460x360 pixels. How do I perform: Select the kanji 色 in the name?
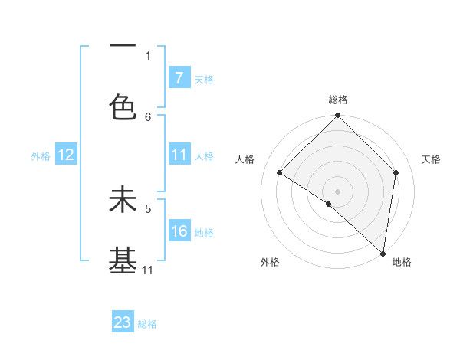[x=123, y=108]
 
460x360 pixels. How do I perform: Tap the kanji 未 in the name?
[x=123, y=200]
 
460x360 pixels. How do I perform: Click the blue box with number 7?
[x=179, y=78]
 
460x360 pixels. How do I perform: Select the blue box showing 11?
[x=179, y=155]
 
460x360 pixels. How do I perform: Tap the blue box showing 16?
[x=179, y=231]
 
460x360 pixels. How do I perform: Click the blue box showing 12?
[x=66, y=155]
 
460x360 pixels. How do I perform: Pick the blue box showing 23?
[x=123, y=322]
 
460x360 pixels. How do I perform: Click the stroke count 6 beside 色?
[x=148, y=116]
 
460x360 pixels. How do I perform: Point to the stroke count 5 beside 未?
[x=148, y=208]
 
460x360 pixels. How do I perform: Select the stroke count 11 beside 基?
[x=148, y=270]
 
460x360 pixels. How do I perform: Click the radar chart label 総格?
[x=338, y=100]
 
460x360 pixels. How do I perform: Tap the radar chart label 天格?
[x=431, y=159]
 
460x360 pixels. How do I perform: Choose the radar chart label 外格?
[x=270, y=262]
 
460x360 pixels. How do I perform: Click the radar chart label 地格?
[x=402, y=262]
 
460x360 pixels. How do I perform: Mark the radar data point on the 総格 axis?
[x=338, y=116]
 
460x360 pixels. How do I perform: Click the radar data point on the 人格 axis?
[x=280, y=172]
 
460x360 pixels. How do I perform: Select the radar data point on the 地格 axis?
[x=383, y=254]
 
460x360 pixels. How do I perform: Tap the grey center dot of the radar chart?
[x=338, y=191]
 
